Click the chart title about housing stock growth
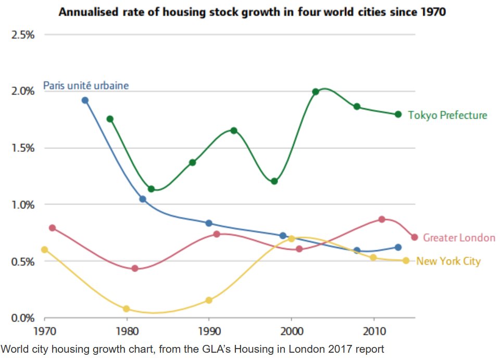click(252, 11)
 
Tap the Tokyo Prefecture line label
click(447, 115)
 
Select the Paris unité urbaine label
click(86, 85)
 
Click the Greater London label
click(459, 238)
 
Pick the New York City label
click(448, 261)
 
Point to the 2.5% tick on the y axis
click(23, 35)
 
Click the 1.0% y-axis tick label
click(23, 204)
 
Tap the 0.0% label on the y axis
click(23, 318)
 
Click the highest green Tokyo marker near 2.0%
click(316, 92)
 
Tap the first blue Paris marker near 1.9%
click(85, 100)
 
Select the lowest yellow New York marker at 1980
click(126, 308)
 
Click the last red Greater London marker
click(414, 237)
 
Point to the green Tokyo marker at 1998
click(274, 182)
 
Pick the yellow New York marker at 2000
click(291, 239)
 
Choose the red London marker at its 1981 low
click(135, 268)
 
